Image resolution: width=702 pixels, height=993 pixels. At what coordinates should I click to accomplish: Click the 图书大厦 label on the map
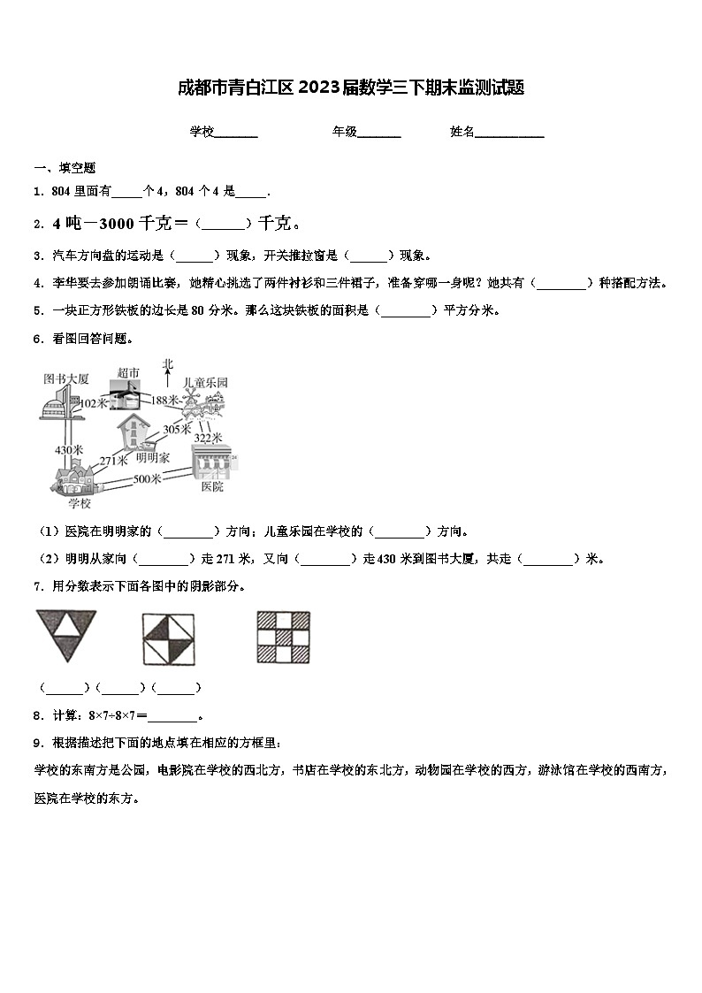[x=66, y=378]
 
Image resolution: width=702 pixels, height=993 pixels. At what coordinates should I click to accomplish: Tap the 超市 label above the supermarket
[x=128, y=373]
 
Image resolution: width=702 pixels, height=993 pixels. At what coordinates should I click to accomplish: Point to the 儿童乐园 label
[x=205, y=383]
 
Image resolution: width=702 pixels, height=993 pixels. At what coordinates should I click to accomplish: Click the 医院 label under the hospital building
[x=212, y=486]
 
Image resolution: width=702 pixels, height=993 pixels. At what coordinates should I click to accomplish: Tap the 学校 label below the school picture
[x=80, y=503]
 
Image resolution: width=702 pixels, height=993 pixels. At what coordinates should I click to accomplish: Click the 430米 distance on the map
[x=68, y=449]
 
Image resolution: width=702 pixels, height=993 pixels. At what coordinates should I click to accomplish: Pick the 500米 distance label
[x=147, y=478]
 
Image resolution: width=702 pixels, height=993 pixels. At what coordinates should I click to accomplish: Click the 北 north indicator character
[x=168, y=363]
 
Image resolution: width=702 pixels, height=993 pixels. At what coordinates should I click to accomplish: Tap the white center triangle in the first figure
[x=65, y=627]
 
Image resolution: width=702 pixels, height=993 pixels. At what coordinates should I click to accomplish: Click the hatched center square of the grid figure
[x=284, y=637]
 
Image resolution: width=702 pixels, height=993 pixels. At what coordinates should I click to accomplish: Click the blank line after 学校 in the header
[x=236, y=133]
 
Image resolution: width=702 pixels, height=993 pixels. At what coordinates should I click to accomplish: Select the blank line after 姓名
[x=510, y=133]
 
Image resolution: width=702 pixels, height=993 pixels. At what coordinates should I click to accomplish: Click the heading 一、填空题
[x=65, y=168]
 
